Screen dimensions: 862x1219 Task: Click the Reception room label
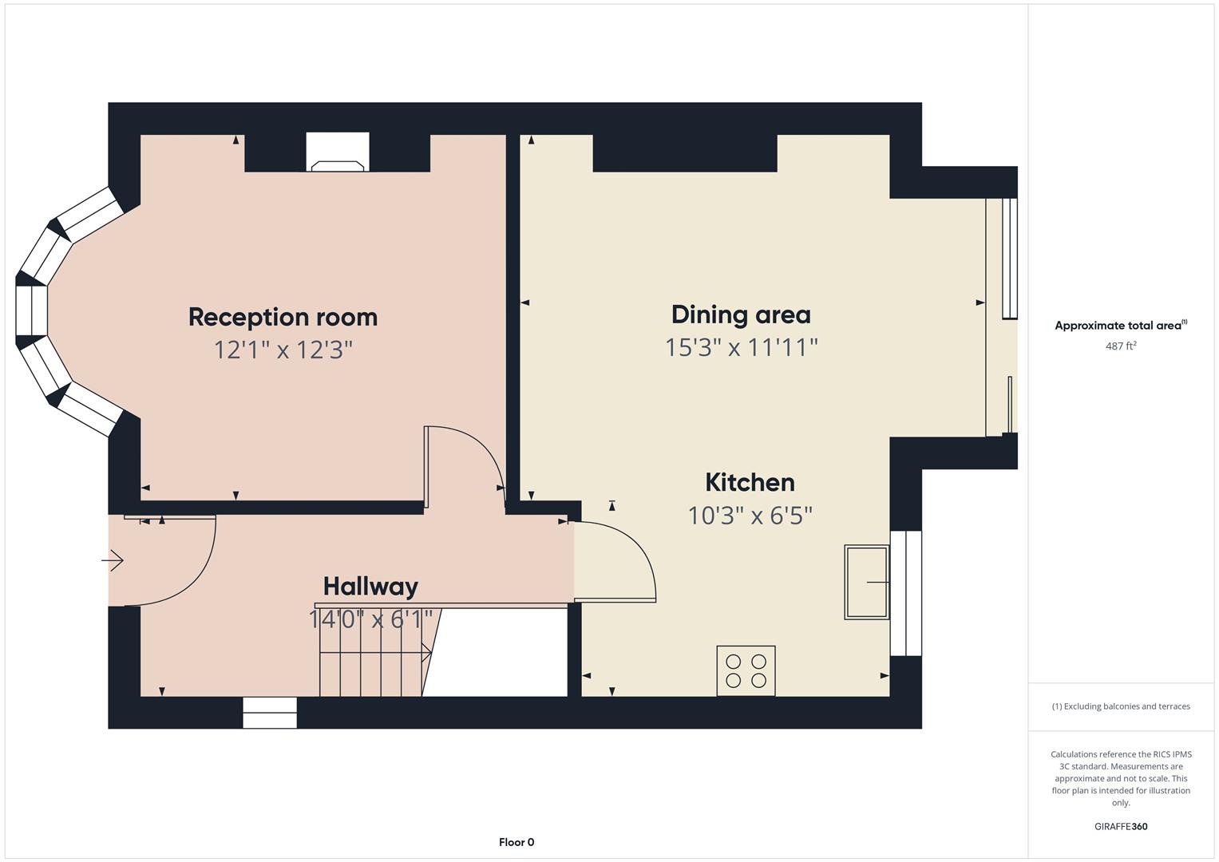click(283, 317)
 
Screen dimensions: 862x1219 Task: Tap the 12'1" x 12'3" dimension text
click(283, 350)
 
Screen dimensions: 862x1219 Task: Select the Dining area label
click(740, 314)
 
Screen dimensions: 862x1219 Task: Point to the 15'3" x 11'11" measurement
click(741, 347)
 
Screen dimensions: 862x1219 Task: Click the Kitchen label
click(749, 482)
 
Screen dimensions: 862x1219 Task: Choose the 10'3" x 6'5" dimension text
click(750, 516)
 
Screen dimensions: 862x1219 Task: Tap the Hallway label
click(370, 587)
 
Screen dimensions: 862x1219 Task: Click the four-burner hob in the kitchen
click(746, 670)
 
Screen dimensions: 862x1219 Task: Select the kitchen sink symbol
click(866, 582)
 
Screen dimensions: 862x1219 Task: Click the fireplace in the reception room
click(338, 154)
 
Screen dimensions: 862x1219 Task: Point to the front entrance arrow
click(113, 561)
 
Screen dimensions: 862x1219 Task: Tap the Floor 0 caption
click(516, 842)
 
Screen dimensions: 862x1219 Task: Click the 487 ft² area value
click(1120, 346)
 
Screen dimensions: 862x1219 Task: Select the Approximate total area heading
click(1120, 326)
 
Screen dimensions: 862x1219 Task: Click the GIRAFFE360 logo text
click(1120, 826)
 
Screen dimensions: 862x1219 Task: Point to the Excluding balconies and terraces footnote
click(1120, 706)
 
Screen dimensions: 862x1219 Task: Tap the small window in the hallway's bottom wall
click(270, 713)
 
